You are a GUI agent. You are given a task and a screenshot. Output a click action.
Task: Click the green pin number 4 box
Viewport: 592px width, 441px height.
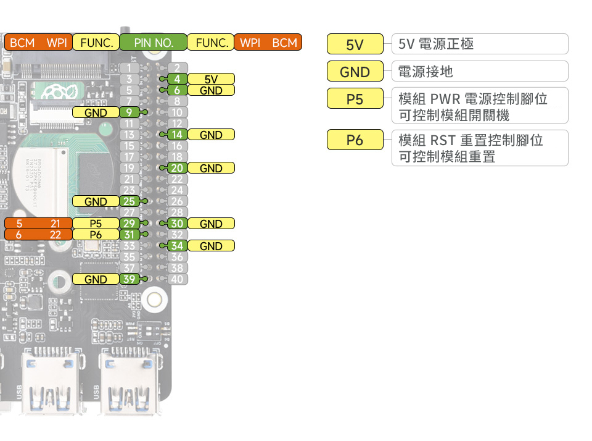[x=177, y=79]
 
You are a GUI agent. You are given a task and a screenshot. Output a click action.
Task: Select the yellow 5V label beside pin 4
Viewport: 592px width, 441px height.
[x=211, y=79]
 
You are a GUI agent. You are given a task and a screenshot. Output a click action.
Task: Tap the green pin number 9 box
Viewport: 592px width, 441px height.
[x=129, y=112]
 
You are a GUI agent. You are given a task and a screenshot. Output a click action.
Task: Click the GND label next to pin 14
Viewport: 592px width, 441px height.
[x=211, y=135]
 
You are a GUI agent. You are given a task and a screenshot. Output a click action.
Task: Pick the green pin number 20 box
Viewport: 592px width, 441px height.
[x=177, y=168]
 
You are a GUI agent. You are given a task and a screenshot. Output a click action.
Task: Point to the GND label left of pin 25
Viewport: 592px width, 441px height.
[x=96, y=201]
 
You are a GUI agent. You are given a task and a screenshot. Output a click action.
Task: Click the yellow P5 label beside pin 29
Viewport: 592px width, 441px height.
[x=96, y=224]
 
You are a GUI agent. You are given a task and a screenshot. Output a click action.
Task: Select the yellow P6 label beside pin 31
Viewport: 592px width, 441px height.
[x=96, y=235]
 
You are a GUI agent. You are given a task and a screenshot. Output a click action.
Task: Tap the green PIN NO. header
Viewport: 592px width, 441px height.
[x=153, y=43]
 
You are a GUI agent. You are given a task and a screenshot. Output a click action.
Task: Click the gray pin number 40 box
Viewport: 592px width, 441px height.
[x=177, y=279]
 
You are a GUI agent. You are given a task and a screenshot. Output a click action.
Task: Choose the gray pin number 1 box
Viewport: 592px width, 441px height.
[x=129, y=68]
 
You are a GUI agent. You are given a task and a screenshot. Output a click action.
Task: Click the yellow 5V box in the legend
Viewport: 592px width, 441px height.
[x=355, y=44]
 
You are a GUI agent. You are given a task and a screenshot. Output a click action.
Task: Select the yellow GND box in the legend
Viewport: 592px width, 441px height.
[x=355, y=72]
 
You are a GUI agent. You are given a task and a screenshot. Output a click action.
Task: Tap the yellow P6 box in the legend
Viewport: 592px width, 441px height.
[x=355, y=140]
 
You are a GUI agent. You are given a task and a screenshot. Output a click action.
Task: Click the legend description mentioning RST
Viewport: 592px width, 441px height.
[x=480, y=148]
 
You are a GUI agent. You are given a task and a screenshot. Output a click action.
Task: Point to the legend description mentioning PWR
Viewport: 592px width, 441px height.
[x=480, y=106]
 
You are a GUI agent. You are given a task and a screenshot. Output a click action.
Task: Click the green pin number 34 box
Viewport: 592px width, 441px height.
[x=177, y=246]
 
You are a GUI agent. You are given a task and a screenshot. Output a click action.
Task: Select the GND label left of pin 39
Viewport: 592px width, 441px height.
[x=96, y=279]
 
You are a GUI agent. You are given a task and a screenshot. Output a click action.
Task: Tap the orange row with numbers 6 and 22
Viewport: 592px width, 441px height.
[x=37, y=235]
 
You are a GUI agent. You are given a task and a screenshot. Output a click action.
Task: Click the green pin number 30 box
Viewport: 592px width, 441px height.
[x=177, y=224]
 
